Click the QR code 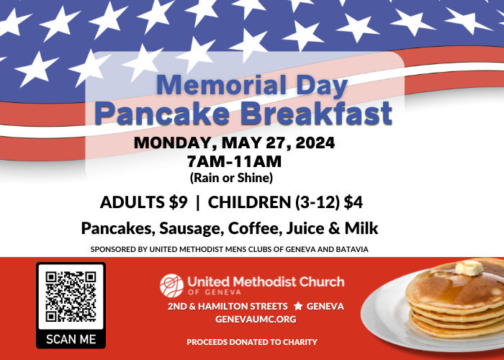click(71, 296)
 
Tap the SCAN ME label click(71, 338)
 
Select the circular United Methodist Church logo click(171, 284)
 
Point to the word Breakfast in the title click(323, 114)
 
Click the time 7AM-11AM click(233, 161)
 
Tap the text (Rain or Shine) click(231, 177)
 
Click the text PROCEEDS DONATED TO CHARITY click(252, 341)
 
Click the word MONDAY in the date click(169, 142)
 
